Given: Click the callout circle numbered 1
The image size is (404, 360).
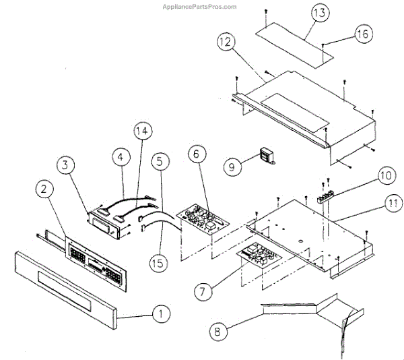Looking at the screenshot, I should tap(161, 313).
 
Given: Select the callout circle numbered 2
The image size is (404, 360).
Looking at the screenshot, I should tap(44, 191).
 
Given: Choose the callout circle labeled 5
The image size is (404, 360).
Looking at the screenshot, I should tap(159, 161).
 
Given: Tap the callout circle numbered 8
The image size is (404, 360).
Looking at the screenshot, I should tap(217, 331).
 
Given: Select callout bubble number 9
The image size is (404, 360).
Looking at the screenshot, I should tap(232, 166).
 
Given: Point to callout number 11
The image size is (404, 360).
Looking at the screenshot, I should tap(393, 201).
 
